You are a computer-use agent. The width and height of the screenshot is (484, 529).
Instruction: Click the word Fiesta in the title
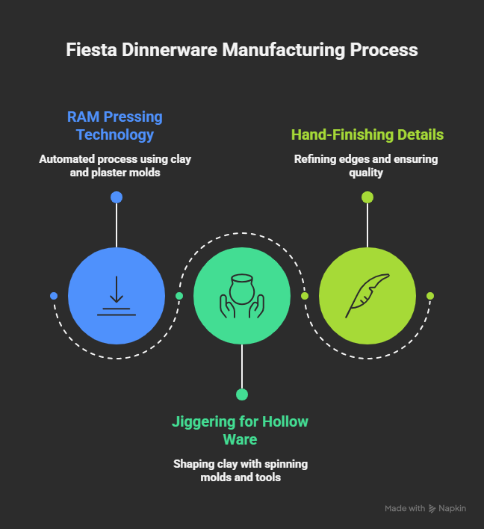tap(87, 51)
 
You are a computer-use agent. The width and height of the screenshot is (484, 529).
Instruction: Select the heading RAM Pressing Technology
tap(115, 126)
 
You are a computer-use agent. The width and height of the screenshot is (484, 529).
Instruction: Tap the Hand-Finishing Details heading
tap(367, 134)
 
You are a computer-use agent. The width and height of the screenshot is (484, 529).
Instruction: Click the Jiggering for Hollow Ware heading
tap(241, 430)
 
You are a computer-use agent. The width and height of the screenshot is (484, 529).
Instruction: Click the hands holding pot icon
tap(242, 296)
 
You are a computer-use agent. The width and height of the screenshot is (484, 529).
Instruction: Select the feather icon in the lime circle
tap(367, 296)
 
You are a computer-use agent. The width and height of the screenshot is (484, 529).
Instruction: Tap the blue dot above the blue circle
tap(117, 197)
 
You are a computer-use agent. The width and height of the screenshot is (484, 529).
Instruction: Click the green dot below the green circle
tap(242, 395)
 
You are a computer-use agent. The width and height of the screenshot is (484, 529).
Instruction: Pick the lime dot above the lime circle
tap(367, 197)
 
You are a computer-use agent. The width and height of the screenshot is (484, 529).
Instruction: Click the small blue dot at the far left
tap(54, 296)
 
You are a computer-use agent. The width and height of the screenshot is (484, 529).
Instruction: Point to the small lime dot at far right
tap(430, 296)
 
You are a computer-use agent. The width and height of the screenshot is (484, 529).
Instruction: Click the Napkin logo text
tap(453, 508)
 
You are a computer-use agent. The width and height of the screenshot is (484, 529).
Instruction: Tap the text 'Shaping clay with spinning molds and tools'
tap(241, 470)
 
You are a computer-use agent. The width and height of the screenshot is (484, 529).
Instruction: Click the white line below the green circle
tap(242, 366)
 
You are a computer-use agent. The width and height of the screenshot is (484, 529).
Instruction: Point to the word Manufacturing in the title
tap(276, 51)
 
